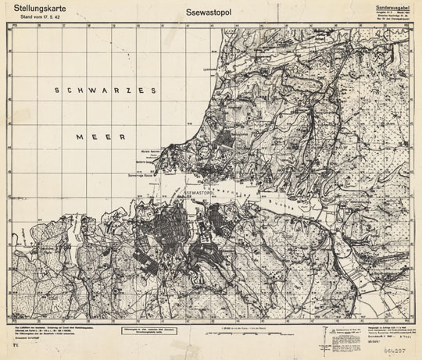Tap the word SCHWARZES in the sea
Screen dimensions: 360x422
[103, 91]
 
